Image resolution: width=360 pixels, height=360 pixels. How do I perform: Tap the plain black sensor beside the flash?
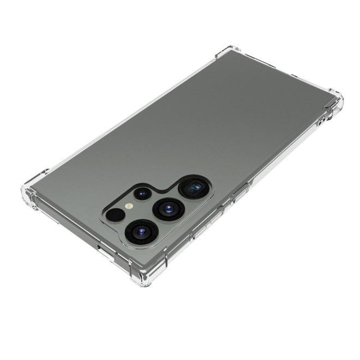coord(115,215)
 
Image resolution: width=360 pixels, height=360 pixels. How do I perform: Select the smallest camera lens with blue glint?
coord(143,194)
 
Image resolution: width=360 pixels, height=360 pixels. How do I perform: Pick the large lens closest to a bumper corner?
coord(142,232)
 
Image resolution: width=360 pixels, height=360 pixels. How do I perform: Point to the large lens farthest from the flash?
coord(193,189)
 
